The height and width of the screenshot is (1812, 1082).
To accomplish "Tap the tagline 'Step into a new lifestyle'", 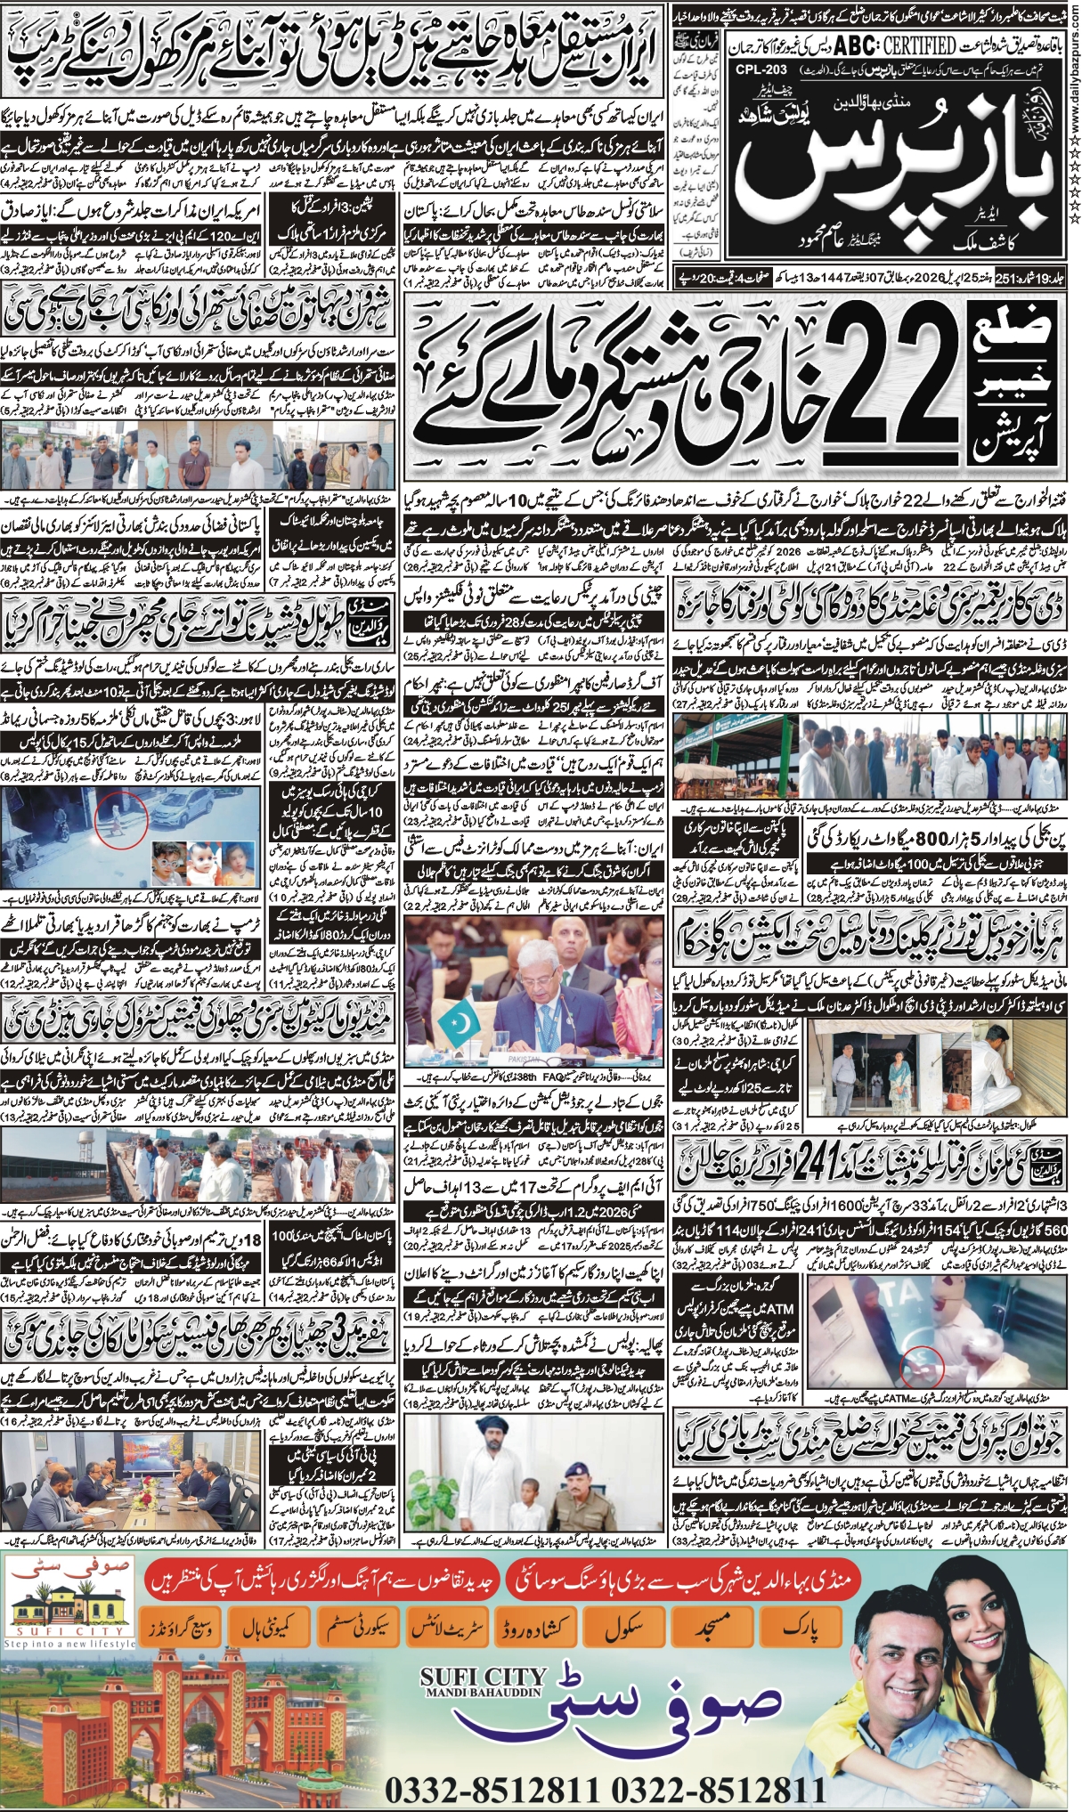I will [69, 1643].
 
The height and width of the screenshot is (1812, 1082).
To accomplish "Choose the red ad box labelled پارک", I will [799, 1623].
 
